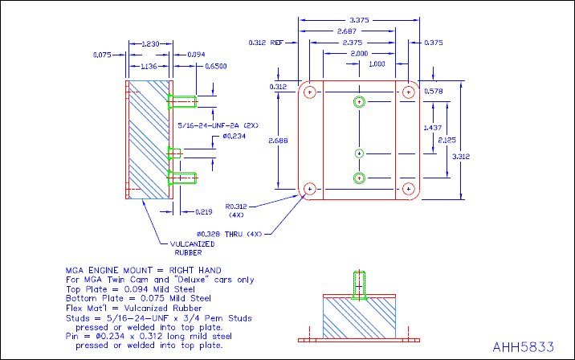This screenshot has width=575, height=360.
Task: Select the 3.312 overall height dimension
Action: [x=483, y=156]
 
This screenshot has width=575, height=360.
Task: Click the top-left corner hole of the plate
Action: [x=308, y=91]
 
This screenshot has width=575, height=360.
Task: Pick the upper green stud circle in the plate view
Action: [x=359, y=102]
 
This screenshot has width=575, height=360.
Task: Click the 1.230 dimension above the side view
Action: [x=149, y=43]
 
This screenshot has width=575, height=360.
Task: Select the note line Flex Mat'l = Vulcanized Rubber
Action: [x=140, y=308]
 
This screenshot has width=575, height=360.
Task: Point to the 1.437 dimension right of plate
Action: [x=431, y=128]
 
